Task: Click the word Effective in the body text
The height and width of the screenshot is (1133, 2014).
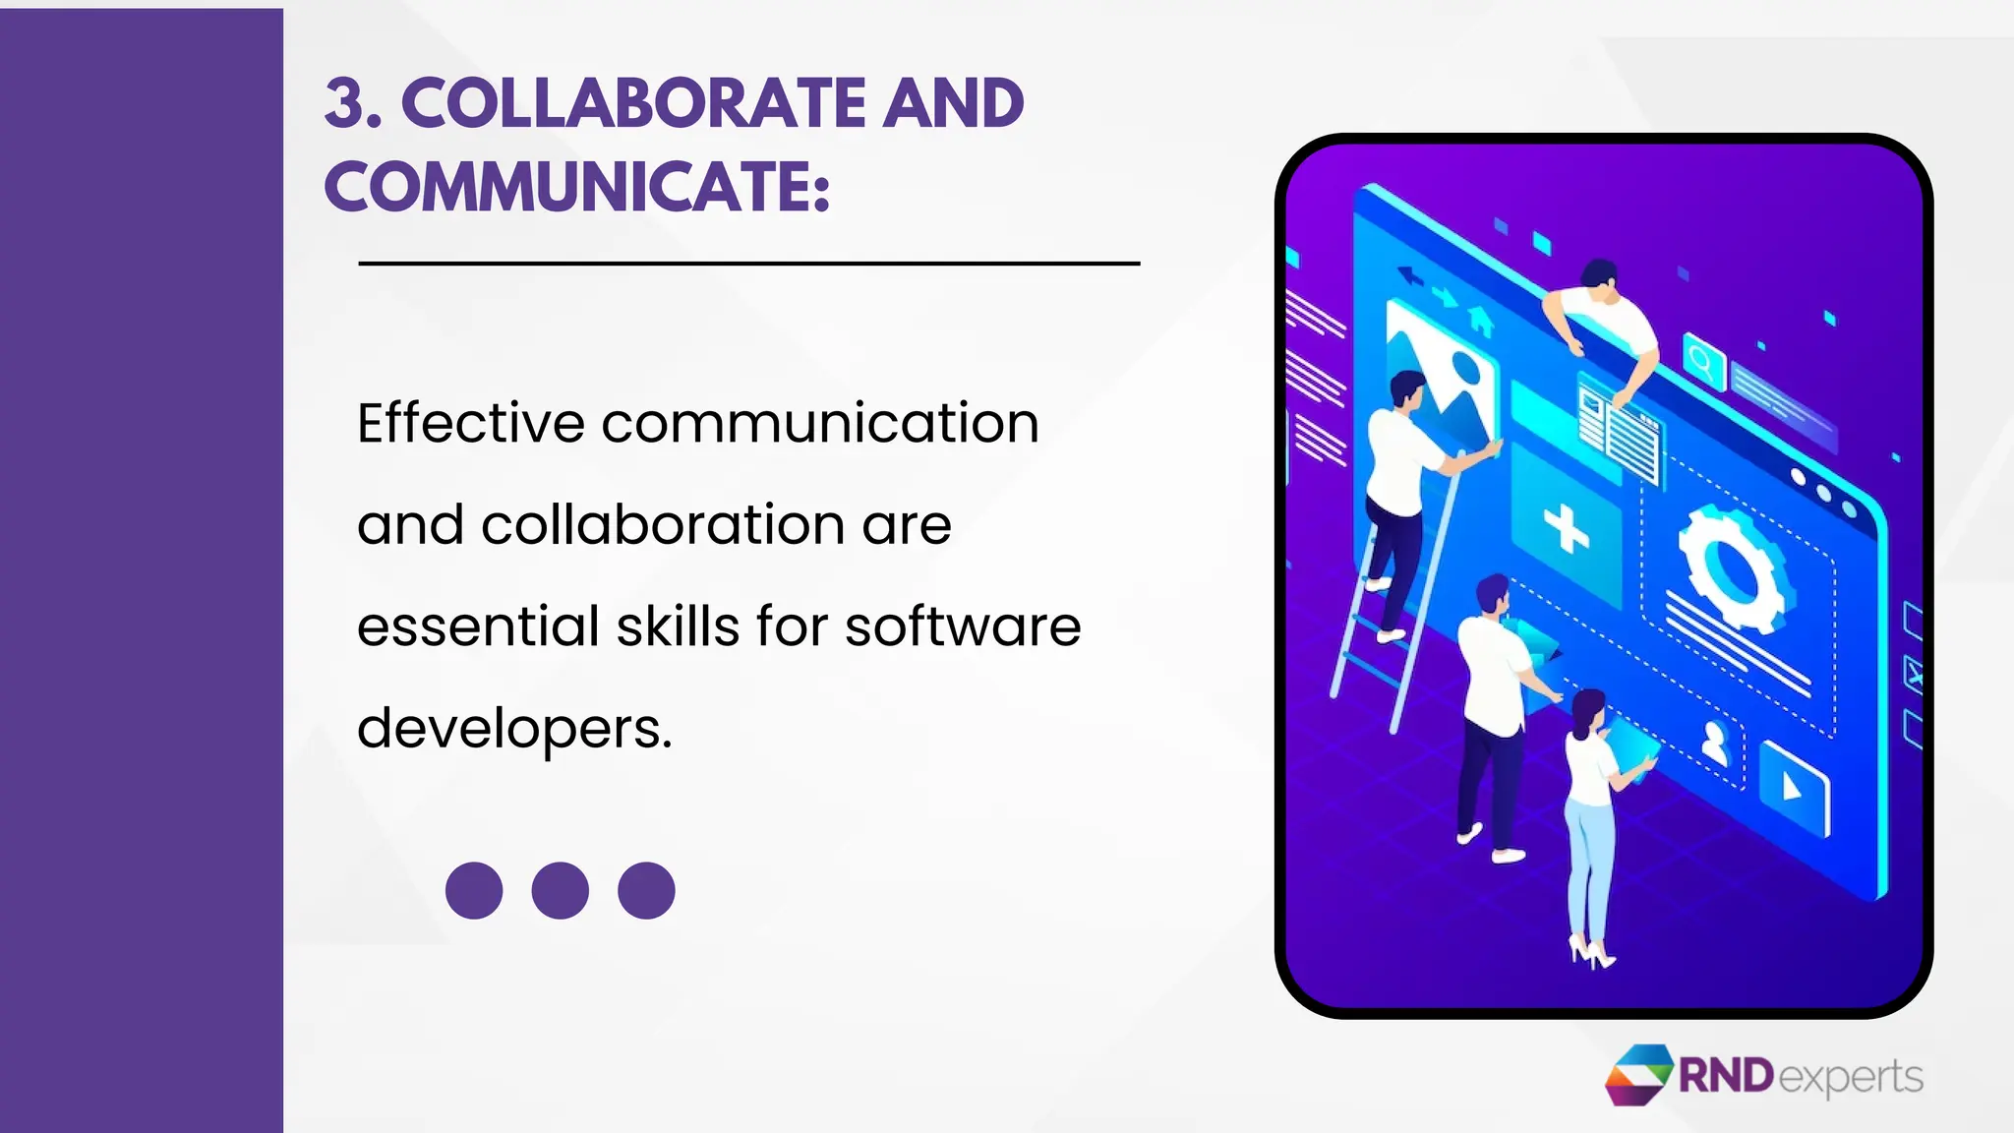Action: pos(471,424)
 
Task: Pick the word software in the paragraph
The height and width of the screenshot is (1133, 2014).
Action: pos(963,626)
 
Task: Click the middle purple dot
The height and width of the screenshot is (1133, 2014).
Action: pos(560,891)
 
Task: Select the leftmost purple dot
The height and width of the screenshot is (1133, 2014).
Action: pos(474,891)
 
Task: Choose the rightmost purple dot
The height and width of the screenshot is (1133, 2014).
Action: pos(646,891)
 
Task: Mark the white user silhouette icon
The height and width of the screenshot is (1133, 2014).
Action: pos(1714,743)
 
